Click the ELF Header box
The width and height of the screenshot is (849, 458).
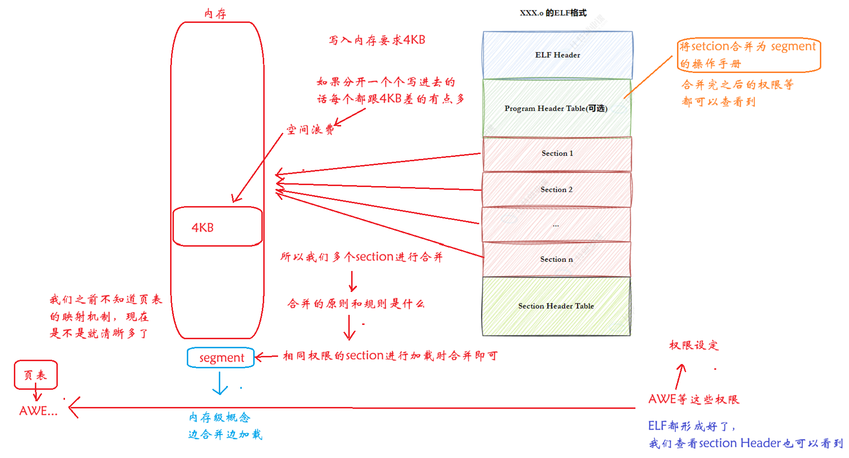pyautogui.click(x=558, y=55)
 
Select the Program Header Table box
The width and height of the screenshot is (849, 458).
pyautogui.click(x=556, y=108)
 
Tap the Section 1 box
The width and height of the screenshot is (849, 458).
pyautogui.click(x=557, y=154)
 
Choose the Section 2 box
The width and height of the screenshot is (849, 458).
pyautogui.click(x=557, y=189)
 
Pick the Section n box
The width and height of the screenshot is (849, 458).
pyautogui.click(x=557, y=259)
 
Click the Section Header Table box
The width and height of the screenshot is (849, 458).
pyautogui.click(x=556, y=306)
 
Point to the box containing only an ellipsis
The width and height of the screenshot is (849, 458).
pyautogui.click(x=556, y=225)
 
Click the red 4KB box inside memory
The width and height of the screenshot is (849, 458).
pyautogui.click(x=217, y=227)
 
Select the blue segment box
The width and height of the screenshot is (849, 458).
pyautogui.click(x=221, y=358)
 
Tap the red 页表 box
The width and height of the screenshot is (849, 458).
pyautogui.click(x=36, y=375)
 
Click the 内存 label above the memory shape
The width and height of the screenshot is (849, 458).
pyautogui.click(x=215, y=13)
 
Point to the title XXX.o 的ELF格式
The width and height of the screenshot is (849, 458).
pyautogui.click(x=553, y=13)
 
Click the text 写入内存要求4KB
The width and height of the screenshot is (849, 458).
pyautogui.click(x=377, y=40)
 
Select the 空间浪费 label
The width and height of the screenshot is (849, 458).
pyautogui.click(x=310, y=130)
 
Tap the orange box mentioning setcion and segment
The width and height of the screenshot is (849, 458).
pyautogui.click(x=749, y=55)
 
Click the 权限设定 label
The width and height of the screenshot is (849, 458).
pyautogui.click(x=694, y=345)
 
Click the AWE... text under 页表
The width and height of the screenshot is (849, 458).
pyautogui.click(x=38, y=411)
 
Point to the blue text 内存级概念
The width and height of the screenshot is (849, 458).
pyautogui.click(x=219, y=417)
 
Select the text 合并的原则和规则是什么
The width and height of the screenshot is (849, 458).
pyautogui.click(x=356, y=304)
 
